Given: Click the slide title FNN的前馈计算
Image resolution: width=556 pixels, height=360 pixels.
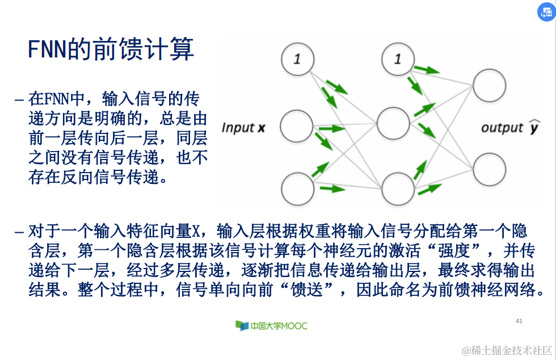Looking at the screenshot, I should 111,49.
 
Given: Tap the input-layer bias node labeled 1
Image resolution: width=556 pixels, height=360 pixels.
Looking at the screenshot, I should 297,60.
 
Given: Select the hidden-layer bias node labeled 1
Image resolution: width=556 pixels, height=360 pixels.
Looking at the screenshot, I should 398,59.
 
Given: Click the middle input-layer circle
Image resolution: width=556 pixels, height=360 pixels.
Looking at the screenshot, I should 297,125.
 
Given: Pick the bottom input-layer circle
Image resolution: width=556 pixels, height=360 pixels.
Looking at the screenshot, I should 297,188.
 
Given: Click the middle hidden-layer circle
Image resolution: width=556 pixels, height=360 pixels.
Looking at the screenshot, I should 393,122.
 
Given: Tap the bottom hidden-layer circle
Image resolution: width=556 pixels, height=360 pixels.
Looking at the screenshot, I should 398,188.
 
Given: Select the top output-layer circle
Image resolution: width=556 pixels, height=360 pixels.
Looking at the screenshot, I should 489,86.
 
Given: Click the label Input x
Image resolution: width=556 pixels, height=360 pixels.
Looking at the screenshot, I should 243,128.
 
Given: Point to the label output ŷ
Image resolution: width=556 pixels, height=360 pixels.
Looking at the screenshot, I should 510,127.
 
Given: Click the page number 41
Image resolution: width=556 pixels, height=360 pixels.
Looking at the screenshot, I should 519,321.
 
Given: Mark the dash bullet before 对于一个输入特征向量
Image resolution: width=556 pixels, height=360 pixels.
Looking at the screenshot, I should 19,232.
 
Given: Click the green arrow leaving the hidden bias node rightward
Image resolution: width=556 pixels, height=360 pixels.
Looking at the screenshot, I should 427,70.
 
